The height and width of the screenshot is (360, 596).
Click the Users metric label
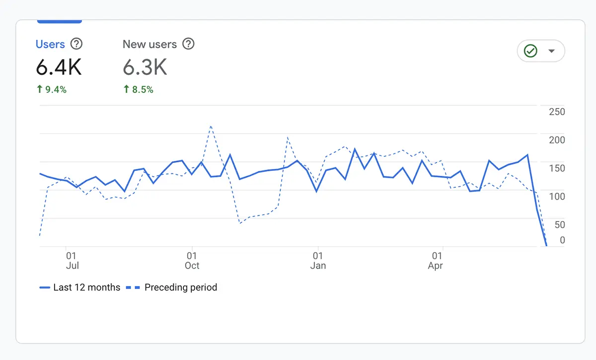[50, 44]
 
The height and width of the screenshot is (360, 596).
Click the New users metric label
[149, 44]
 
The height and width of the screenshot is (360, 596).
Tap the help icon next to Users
[76, 44]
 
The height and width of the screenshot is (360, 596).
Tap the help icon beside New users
[188, 44]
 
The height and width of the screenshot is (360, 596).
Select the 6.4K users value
[59, 68]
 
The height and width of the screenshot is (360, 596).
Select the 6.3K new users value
[145, 68]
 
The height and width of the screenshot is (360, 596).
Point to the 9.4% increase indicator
[52, 90]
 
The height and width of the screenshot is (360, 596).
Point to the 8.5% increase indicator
[138, 90]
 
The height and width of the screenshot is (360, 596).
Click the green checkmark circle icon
[531, 51]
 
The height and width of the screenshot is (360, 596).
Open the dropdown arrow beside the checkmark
[551, 51]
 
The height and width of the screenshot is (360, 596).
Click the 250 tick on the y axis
[557, 112]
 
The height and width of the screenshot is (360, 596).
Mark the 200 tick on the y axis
[557, 140]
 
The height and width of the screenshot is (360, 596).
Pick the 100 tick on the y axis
[557, 197]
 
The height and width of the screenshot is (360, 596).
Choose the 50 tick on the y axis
[559, 225]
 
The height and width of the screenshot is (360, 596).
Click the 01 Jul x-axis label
[72, 261]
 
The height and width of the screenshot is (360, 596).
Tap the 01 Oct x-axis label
[192, 261]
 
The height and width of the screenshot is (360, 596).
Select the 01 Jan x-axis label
[318, 261]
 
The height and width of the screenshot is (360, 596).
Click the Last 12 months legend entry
[80, 288]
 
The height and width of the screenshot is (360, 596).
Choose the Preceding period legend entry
[172, 288]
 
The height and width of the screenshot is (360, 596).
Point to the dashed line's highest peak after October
[211, 126]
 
